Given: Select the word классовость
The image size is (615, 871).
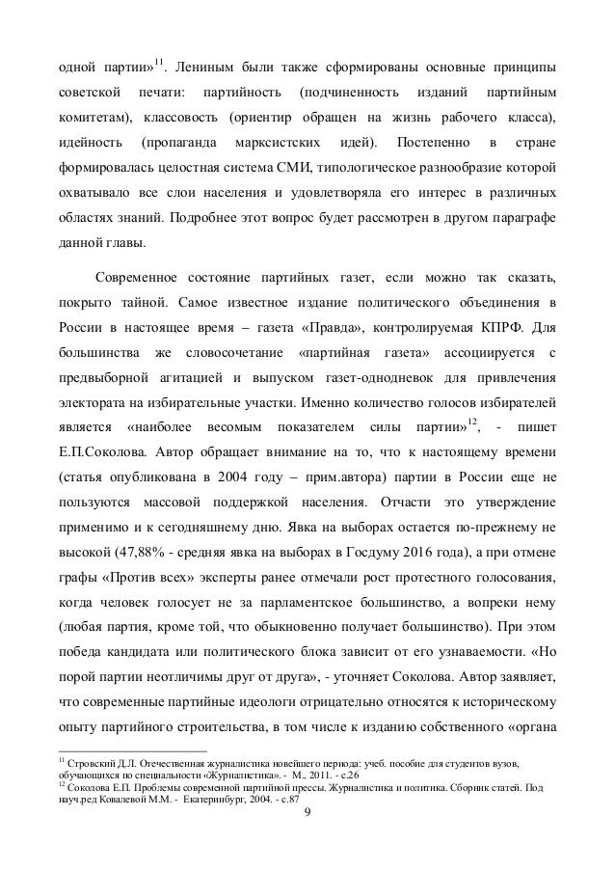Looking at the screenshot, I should pyautogui.click(x=184, y=118).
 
